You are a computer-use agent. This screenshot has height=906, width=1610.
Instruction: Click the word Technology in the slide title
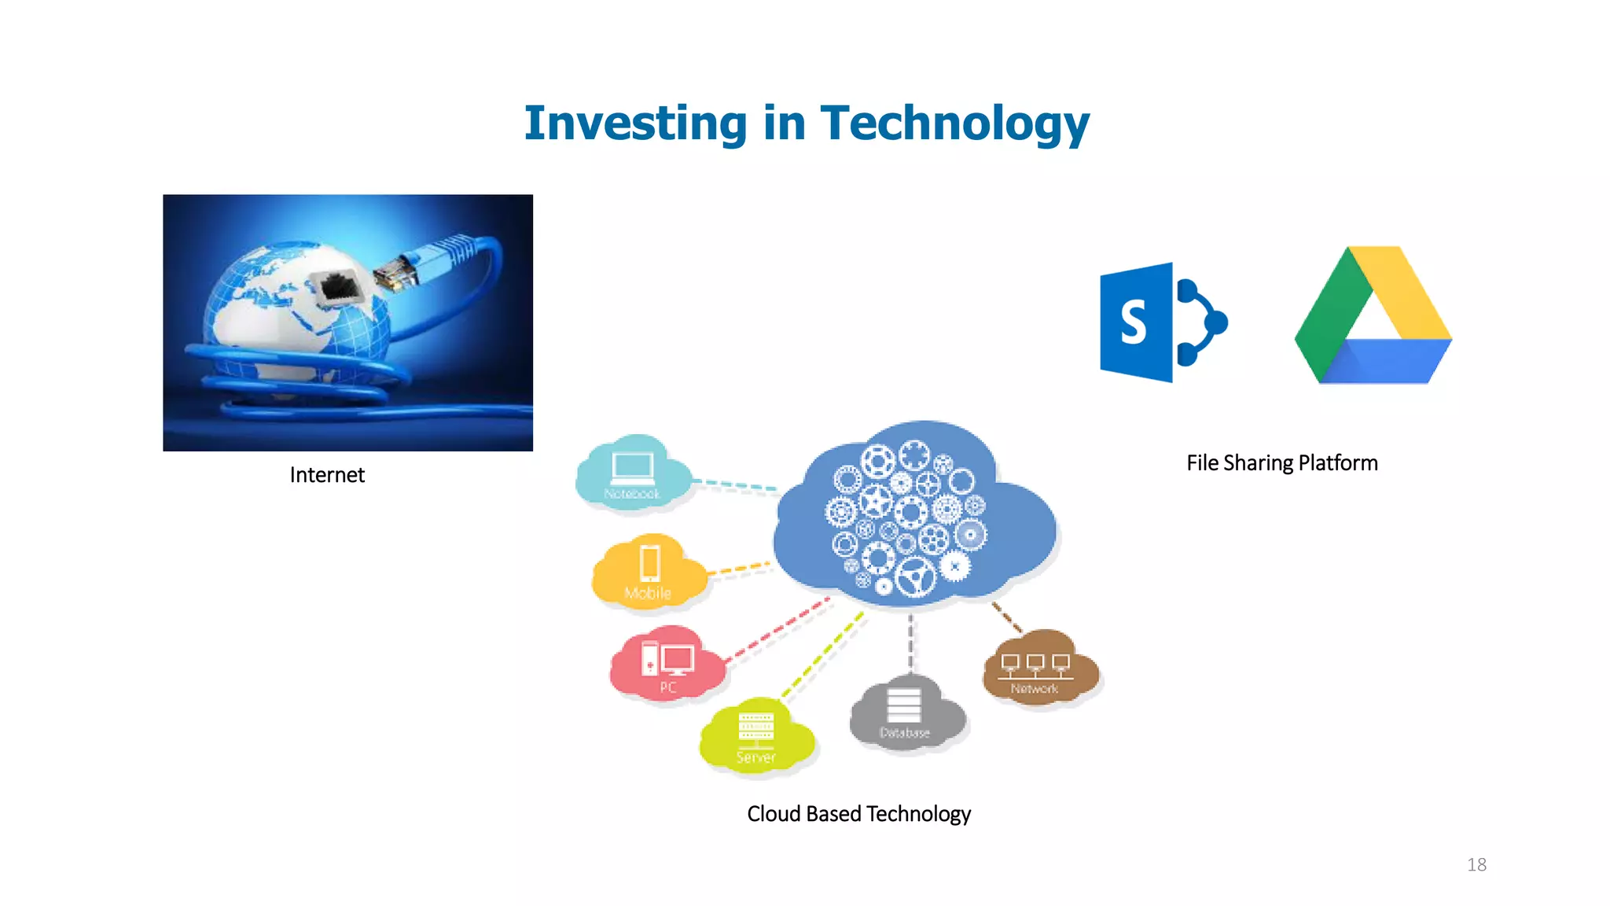pyautogui.click(x=954, y=123)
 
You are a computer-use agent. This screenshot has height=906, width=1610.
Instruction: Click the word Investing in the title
pyautogui.click(x=635, y=123)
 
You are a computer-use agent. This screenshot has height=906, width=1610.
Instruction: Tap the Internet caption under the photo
pyautogui.click(x=327, y=475)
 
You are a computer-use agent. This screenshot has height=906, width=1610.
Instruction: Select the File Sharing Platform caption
pyautogui.click(x=1281, y=462)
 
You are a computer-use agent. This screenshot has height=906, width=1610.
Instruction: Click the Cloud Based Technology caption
pyautogui.click(x=858, y=813)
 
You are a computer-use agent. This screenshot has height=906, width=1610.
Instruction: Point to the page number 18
pyautogui.click(x=1476, y=864)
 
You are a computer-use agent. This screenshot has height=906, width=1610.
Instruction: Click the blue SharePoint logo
pyautogui.click(x=1162, y=322)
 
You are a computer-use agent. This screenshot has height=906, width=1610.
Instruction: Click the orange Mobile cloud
pyautogui.click(x=648, y=572)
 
